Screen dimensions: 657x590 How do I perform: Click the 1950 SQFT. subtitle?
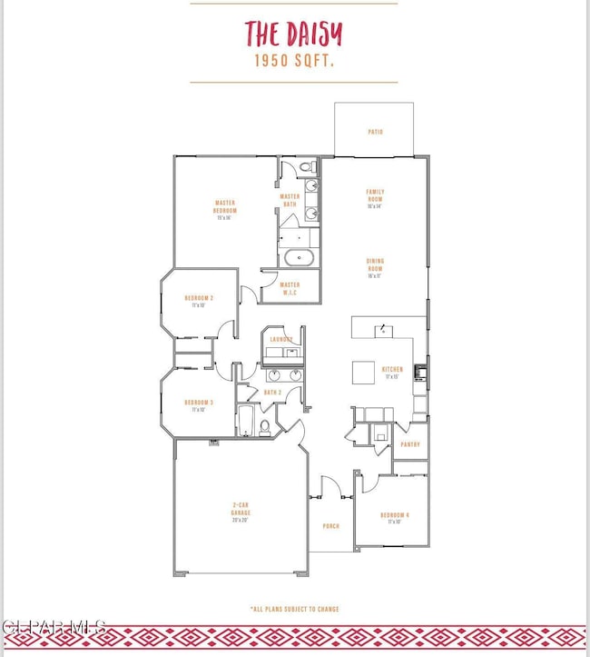(x=293, y=62)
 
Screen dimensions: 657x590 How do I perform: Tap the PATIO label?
(x=375, y=132)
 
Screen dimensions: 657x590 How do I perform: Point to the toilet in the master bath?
(x=306, y=167)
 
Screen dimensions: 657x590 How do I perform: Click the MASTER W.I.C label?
(x=290, y=288)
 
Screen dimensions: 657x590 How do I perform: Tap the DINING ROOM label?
(x=375, y=264)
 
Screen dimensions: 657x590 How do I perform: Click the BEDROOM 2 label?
(x=199, y=301)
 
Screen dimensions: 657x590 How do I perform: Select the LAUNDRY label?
(x=280, y=339)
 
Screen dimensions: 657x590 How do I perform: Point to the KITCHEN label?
(x=392, y=372)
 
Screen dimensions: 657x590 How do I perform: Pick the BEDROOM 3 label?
(x=199, y=405)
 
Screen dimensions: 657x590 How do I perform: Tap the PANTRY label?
(x=408, y=444)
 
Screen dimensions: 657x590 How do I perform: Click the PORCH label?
(x=329, y=525)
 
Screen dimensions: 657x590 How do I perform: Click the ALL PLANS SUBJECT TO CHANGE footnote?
(x=294, y=609)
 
